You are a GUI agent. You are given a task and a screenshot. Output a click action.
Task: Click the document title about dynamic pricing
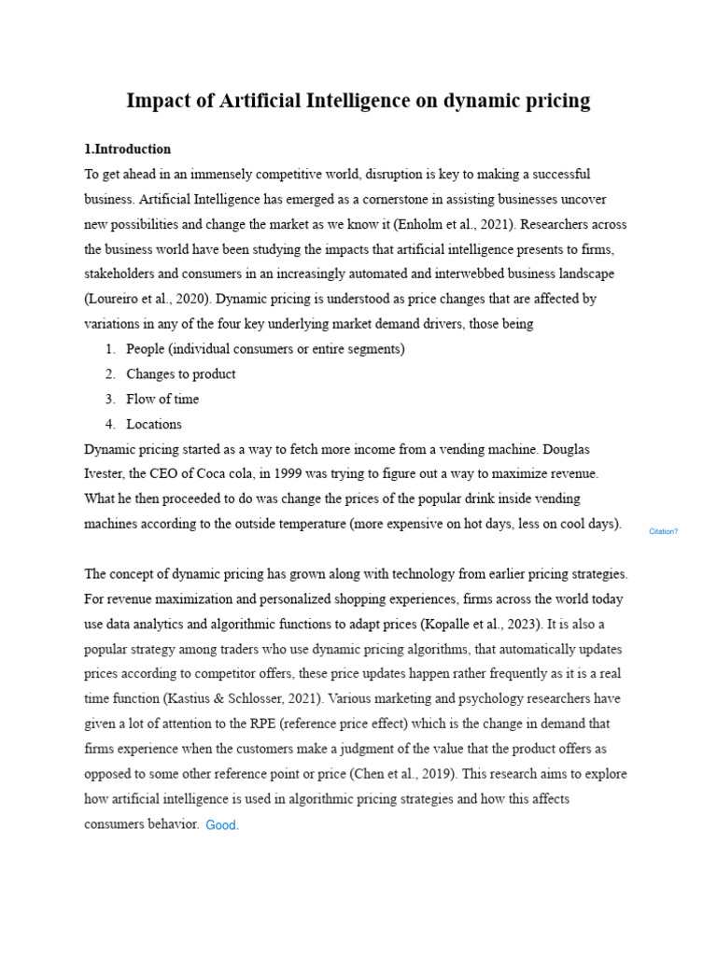click(x=358, y=101)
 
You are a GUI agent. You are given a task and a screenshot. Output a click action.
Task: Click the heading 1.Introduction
click(x=128, y=149)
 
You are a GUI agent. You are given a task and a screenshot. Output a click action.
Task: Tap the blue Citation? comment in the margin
click(x=663, y=531)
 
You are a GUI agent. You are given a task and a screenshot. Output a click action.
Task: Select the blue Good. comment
click(x=222, y=825)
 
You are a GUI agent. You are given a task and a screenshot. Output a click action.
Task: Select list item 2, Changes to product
click(x=181, y=373)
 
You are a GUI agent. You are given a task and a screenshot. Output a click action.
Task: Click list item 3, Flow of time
click(x=162, y=399)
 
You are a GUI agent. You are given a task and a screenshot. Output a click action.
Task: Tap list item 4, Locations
click(x=154, y=424)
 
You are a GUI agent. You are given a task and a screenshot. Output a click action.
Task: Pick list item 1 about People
click(x=265, y=349)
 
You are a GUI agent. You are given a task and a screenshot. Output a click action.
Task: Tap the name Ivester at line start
click(x=105, y=473)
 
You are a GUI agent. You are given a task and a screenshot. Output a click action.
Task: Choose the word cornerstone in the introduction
click(x=354, y=199)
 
